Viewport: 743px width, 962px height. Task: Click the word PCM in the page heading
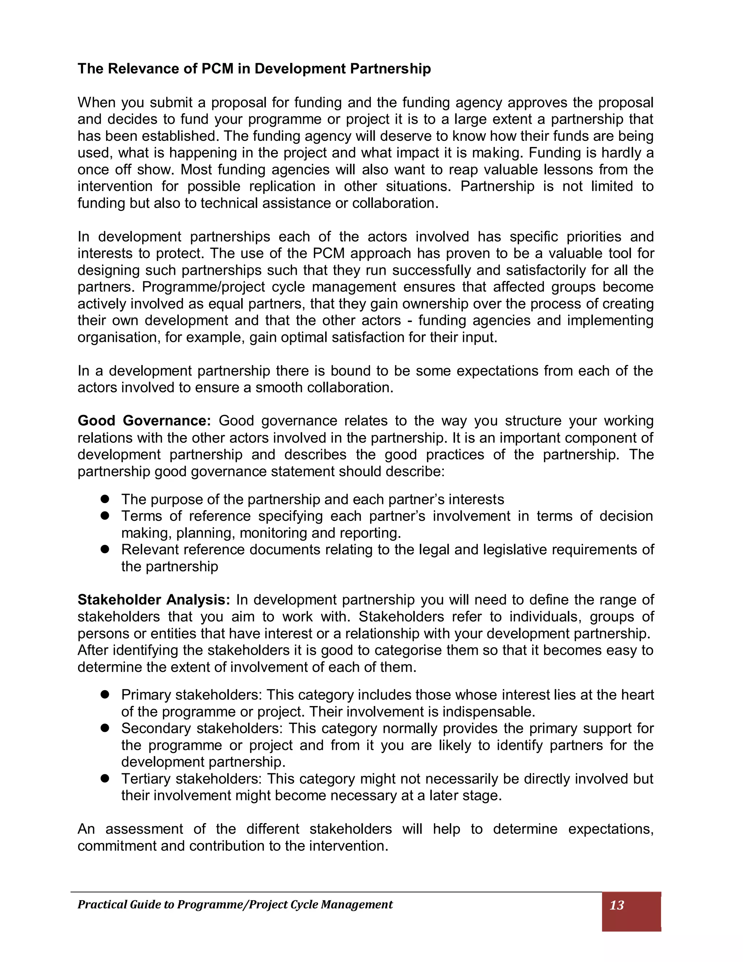click(217, 69)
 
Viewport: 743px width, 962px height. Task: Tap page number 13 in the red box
click(617, 905)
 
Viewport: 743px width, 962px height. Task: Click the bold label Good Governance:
click(144, 421)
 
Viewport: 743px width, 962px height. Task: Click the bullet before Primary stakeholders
click(105, 694)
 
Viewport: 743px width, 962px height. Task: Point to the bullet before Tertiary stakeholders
click(105, 779)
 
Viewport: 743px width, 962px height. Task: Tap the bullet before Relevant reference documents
click(105, 549)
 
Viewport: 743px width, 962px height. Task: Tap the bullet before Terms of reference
click(105, 516)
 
